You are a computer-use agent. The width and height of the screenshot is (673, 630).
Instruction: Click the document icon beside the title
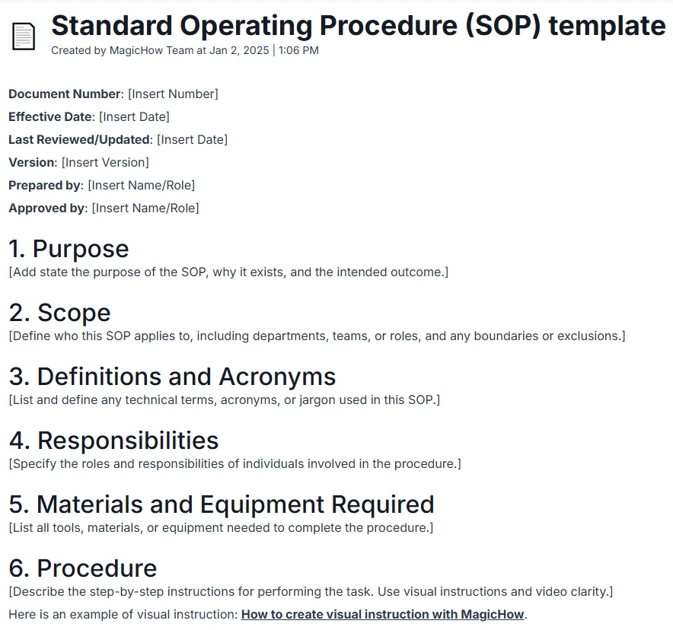pyautogui.click(x=23, y=36)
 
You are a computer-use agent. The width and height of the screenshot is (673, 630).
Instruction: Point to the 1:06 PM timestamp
pyautogui.click(x=298, y=50)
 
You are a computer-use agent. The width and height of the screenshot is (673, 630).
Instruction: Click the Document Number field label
pyautogui.click(x=65, y=94)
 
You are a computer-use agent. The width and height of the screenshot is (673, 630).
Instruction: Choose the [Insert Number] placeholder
pyautogui.click(x=173, y=94)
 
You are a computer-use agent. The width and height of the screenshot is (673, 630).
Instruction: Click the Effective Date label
pyautogui.click(x=50, y=117)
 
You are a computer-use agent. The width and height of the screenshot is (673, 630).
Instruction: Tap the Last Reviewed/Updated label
pyautogui.click(x=79, y=140)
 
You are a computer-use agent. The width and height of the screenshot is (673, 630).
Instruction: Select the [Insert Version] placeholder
pyautogui.click(x=105, y=163)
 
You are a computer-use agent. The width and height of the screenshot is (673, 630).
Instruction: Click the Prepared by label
pyautogui.click(x=44, y=186)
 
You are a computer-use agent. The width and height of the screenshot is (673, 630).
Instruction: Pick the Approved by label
pyautogui.click(x=46, y=208)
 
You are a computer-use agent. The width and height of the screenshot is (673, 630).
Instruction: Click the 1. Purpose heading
pyautogui.click(x=69, y=249)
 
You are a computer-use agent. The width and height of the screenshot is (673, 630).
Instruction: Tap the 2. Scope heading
pyautogui.click(x=59, y=313)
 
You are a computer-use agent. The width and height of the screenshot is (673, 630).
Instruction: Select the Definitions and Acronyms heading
pyautogui.click(x=172, y=377)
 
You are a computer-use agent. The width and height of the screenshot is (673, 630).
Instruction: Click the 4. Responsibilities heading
pyautogui.click(x=113, y=441)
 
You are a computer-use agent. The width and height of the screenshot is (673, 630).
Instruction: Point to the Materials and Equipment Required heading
pyautogui.click(x=221, y=504)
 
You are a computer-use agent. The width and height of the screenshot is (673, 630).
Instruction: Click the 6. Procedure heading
pyautogui.click(x=82, y=568)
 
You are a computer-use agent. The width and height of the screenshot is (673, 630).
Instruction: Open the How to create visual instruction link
pyautogui.click(x=382, y=615)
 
